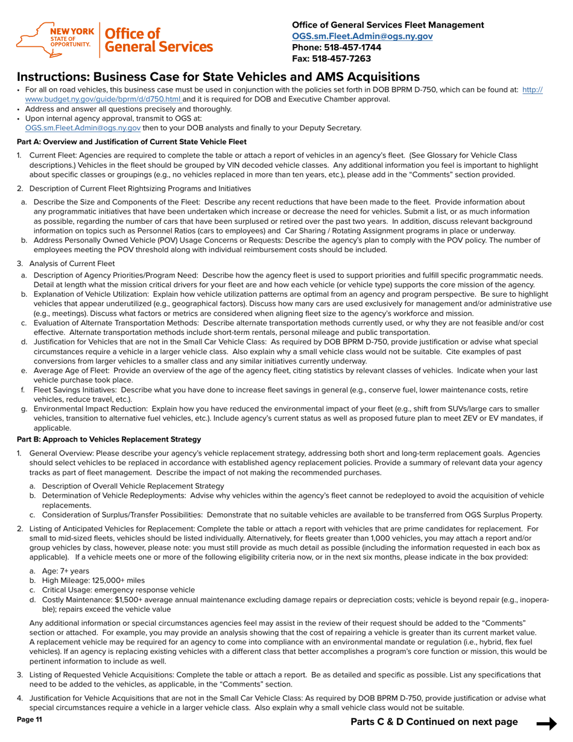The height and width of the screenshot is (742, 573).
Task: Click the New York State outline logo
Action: tap(36, 40)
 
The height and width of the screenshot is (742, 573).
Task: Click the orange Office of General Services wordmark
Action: tap(159, 40)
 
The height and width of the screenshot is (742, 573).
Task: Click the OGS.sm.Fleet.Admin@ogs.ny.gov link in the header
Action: tap(362, 36)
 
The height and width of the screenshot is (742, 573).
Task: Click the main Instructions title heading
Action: tap(218, 77)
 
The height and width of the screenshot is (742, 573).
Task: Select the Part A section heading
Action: tap(131, 142)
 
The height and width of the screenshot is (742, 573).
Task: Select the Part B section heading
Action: tap(109, 439)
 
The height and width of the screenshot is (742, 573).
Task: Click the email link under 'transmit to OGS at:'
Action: tap(83, 128)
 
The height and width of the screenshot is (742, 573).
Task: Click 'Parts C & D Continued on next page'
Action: tap(434, 722)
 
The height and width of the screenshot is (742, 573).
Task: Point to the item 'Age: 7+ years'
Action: tap(65, 571)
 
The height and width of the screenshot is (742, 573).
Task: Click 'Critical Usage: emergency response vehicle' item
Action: tap(118, 590)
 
